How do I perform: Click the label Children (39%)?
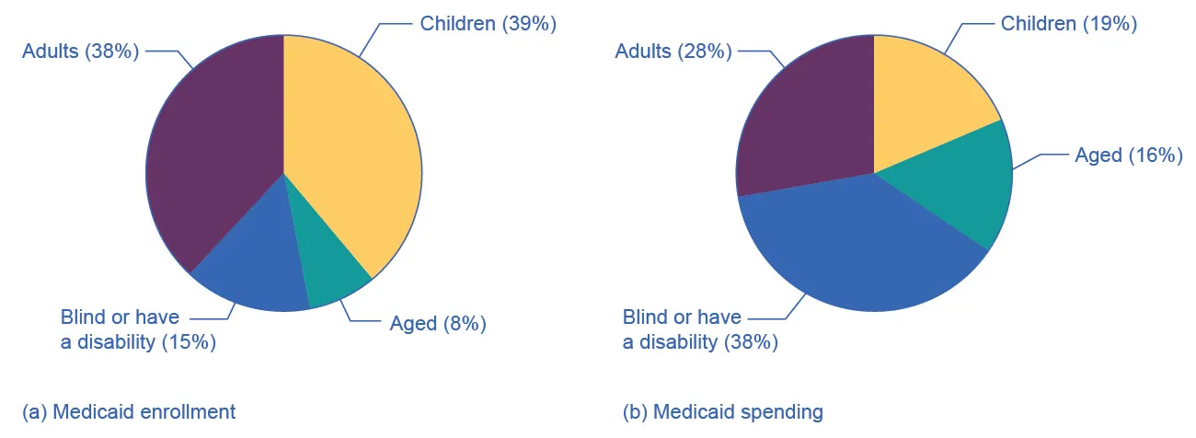(x=489, y=24)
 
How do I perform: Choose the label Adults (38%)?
(x=80, y=52)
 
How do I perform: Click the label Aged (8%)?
(x=438, y=323)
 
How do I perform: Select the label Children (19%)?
(x=1069, y=24)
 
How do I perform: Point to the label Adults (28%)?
(x=673, y=52)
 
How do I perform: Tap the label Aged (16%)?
(x=1128, y=156)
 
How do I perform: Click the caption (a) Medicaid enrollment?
(x=129, y=411)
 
